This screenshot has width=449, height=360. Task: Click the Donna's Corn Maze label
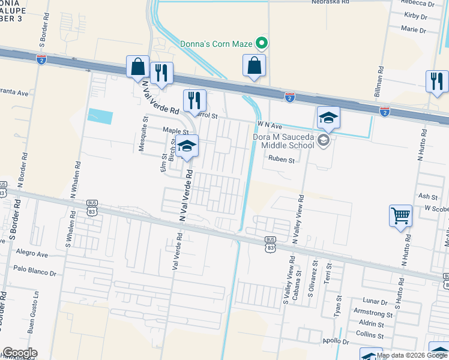pyautogui.click(x=217, y=43)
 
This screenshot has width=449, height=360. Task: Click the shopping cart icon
pyautogui.click(x=400, y=215)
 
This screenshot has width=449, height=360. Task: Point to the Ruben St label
pyautogui.click(x=282, y=160)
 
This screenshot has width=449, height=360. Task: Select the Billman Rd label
pyautogui.click(x=379, y=79)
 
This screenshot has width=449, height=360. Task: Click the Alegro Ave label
pyautogui.click(x=32, y=254)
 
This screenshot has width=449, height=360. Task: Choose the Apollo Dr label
pyautogui.click(x=336, y=341)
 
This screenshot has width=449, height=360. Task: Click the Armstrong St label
pyautogui.click(x=373, y=314)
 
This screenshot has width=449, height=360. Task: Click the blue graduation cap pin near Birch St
pyautogui.click(x=187, y=147)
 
